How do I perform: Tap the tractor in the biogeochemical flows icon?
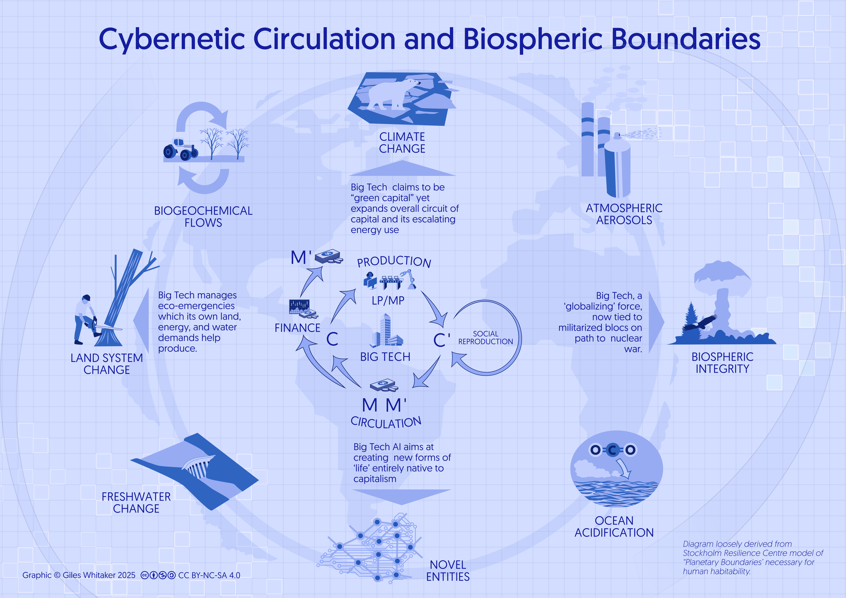coord(179,149)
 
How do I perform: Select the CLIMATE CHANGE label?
coord(402,142)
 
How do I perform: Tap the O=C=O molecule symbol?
coord(612,450)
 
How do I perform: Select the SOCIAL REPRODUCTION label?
coord(485,338)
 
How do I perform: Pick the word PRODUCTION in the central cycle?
coord(394,261)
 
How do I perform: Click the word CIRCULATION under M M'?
coord(386,422)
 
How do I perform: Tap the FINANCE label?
coord(297,328)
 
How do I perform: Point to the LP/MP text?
coord(388,300)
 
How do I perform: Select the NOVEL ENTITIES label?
coord(448,570)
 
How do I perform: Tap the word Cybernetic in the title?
coord(172,39)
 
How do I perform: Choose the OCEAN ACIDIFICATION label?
coord(614,527)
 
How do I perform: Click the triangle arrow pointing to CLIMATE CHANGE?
coord(402,169)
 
